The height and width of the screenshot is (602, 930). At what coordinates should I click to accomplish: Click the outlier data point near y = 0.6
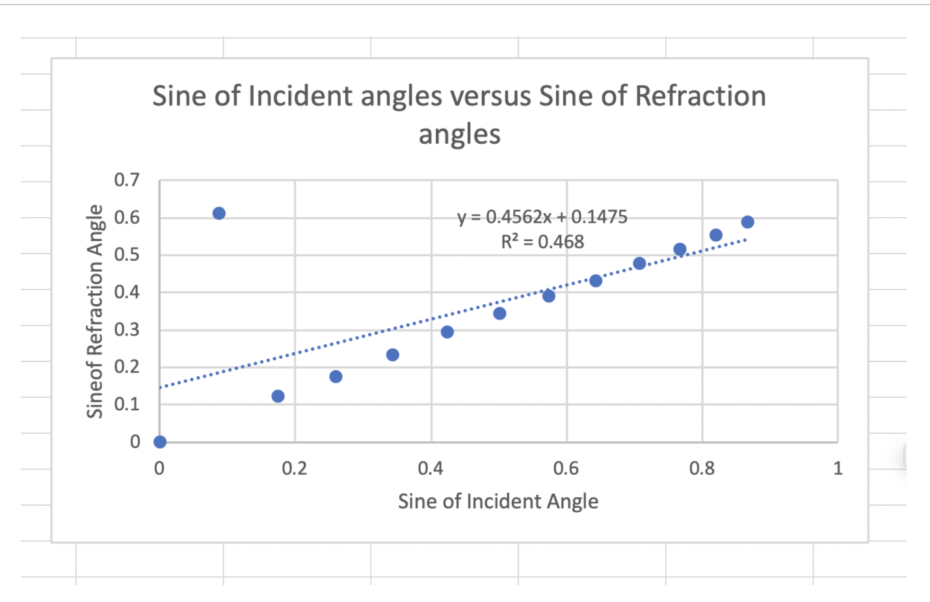click(x=219, y=213)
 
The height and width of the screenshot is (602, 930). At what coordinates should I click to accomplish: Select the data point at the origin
click(x=160, y=442)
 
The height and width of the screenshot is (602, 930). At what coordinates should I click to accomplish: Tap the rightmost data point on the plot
click(x=747, y=222)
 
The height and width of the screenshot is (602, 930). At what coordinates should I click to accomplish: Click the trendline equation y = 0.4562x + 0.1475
click(x=542, y=216)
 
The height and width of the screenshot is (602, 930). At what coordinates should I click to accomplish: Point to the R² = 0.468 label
click(x=542, y=242)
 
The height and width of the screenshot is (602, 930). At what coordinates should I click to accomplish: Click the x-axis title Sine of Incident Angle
click(x=498, y=501)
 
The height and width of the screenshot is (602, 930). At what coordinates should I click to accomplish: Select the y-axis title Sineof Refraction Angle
click(x=95, y=311)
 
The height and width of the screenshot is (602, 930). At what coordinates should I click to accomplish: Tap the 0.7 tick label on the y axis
click(x=127, y=180)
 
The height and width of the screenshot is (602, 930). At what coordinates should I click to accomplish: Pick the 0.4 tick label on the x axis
click(x=431, y=468)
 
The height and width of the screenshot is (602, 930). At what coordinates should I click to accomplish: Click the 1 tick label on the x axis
click(x=838, y=468)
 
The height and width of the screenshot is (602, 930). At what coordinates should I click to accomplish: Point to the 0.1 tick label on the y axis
click(x=127, y=404)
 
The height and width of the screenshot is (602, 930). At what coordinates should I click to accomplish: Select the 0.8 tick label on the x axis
click(x=702, y=468)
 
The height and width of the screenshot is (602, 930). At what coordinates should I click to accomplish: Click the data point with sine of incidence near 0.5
click(x=499, y=313)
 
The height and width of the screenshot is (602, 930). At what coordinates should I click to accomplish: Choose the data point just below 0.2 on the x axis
click(x=278, y=396)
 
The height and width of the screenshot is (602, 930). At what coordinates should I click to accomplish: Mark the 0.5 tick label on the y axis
click(x=127, y=255)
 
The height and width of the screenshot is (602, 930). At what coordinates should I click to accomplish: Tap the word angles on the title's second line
click(x=459, y=135)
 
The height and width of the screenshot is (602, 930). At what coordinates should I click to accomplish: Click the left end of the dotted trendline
click(x=161, y=387)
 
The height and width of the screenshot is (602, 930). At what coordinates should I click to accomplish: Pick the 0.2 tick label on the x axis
click(x=295, y=468)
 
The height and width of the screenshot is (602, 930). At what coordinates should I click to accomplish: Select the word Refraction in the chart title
click(x=700, y=96)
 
